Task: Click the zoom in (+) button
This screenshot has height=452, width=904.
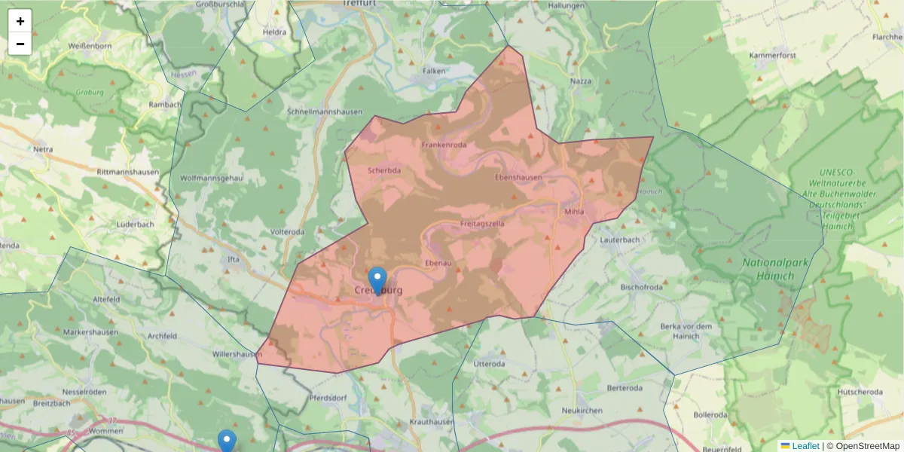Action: pyautogui.click(x=20, y=21)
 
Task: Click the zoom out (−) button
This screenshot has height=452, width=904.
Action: pyautogui.click(x=20, y=44)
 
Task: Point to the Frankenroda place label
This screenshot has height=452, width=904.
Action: pyautogui.click(x=444, y=145)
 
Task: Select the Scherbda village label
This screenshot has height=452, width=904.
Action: pyautogui.click(x=384, y=170)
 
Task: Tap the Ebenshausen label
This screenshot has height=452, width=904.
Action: pyautogui.click(x=518, y=178)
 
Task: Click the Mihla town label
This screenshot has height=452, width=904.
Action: pyautogui.click(x=574, y=212)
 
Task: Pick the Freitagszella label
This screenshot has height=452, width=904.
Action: pyautogui.click(x=482, y=224)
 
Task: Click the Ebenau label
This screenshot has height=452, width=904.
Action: pyautogui.click(x=438, y=263)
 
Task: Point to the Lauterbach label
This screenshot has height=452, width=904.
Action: pyautogui.click(x=620, y=240)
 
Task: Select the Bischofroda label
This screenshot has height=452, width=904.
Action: pyautogui.click(x=641, y=287)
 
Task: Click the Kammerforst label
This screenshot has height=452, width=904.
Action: pyautogui.click(x=773, y=56)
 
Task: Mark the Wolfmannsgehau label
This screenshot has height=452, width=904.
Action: pyautogui.click(x=212, y=178)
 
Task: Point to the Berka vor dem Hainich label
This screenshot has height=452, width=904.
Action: pyautogui.click(x=686, y=331)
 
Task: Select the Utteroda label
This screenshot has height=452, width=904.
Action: pyautogui.click(x=489, y=363)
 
